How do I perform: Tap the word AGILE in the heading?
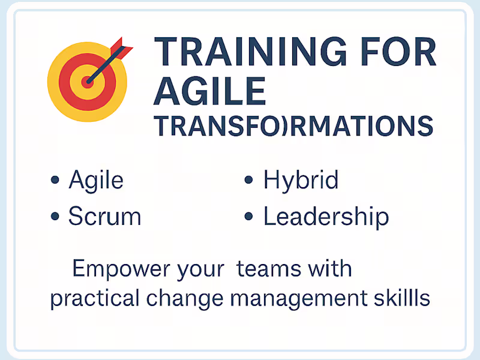click(210, 91)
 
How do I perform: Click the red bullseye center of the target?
click(88, 82)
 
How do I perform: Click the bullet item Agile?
click(96, 180)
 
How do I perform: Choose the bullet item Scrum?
click(104, 217)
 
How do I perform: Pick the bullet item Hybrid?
click(301, 180)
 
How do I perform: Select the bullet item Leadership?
click(326, 217)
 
